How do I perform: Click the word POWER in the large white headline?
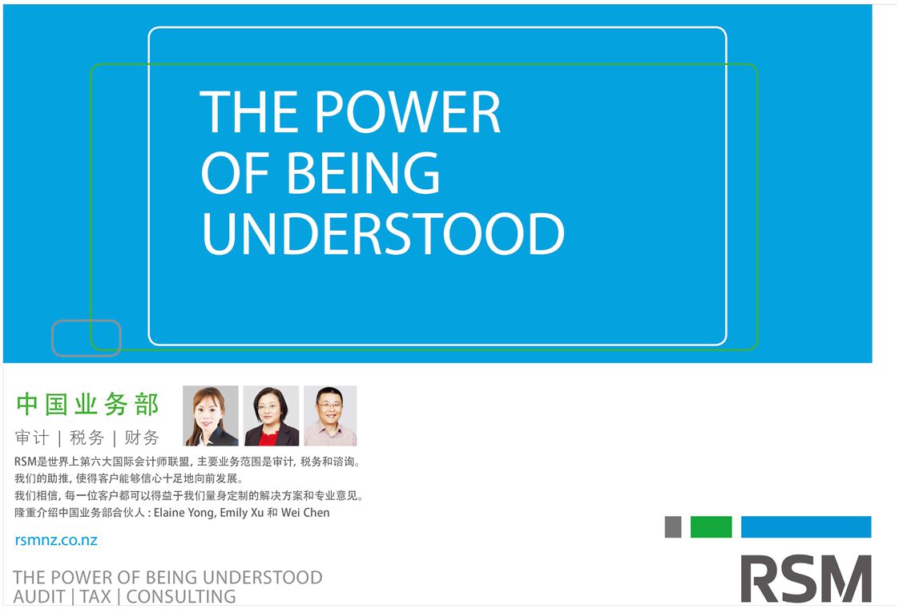pos(408,112)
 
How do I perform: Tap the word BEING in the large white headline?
pos(363,172)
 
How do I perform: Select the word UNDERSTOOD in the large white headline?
pos(383,233)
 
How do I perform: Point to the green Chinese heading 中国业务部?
pos(87,405)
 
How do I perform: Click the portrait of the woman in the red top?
pos(271,416)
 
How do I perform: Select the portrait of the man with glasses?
pos(330,416)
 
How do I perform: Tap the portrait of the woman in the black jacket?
pos(211,416)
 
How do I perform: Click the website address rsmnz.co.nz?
pos(56,540)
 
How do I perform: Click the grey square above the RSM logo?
pos(673,527)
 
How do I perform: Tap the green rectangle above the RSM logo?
pos(711,527)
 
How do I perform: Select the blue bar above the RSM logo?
pos(806,527)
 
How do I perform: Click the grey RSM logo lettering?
pos(805,579)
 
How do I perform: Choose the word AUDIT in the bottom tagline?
pos(39,597)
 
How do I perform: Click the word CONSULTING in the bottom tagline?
pos(181,597)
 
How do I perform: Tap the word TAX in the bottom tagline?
pos(95,597)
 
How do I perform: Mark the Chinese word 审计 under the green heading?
pos(32,438)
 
